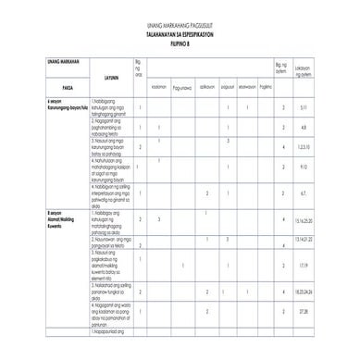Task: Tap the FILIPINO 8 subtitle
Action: [x=180, y=43]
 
